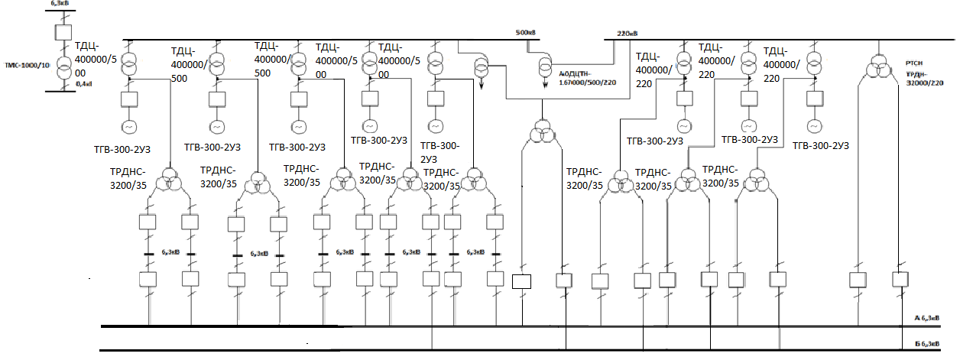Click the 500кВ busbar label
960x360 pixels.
pos(524,33)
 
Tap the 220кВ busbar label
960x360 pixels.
pos(627,34)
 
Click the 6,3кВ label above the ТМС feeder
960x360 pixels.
pos(60,5)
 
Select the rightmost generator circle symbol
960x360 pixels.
pos(814,125)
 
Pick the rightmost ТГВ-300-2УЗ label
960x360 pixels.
pos(822,145)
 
